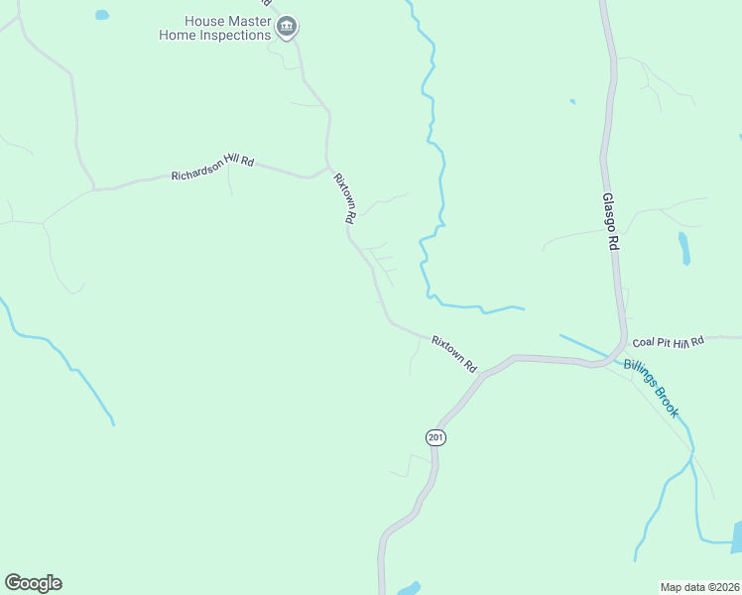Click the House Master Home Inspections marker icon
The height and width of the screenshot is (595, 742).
287,27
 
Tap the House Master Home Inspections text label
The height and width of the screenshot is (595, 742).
214,28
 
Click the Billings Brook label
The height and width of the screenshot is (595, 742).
651,388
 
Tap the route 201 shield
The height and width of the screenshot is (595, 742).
435,437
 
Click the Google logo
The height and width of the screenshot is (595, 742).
33,583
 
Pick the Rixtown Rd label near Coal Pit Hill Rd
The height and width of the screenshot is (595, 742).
454,353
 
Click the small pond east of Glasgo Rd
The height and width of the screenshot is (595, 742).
684,248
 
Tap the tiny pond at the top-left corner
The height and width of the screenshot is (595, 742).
101,15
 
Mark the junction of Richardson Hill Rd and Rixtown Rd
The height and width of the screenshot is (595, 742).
327,166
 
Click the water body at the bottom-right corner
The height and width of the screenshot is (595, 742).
735,538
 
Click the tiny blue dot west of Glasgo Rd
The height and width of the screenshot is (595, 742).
572,101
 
